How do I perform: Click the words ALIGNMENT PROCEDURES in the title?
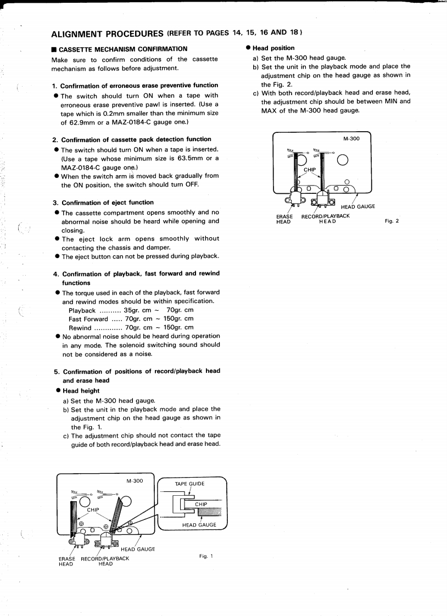107,33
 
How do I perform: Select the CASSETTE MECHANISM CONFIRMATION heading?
119,49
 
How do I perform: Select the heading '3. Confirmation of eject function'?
103,203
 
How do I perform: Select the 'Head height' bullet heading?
81,390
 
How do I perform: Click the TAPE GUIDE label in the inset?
189,484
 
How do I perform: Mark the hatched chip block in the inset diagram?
209,513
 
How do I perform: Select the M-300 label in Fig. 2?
351,139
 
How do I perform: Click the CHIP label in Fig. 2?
311,170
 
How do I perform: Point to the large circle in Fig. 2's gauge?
342,160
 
